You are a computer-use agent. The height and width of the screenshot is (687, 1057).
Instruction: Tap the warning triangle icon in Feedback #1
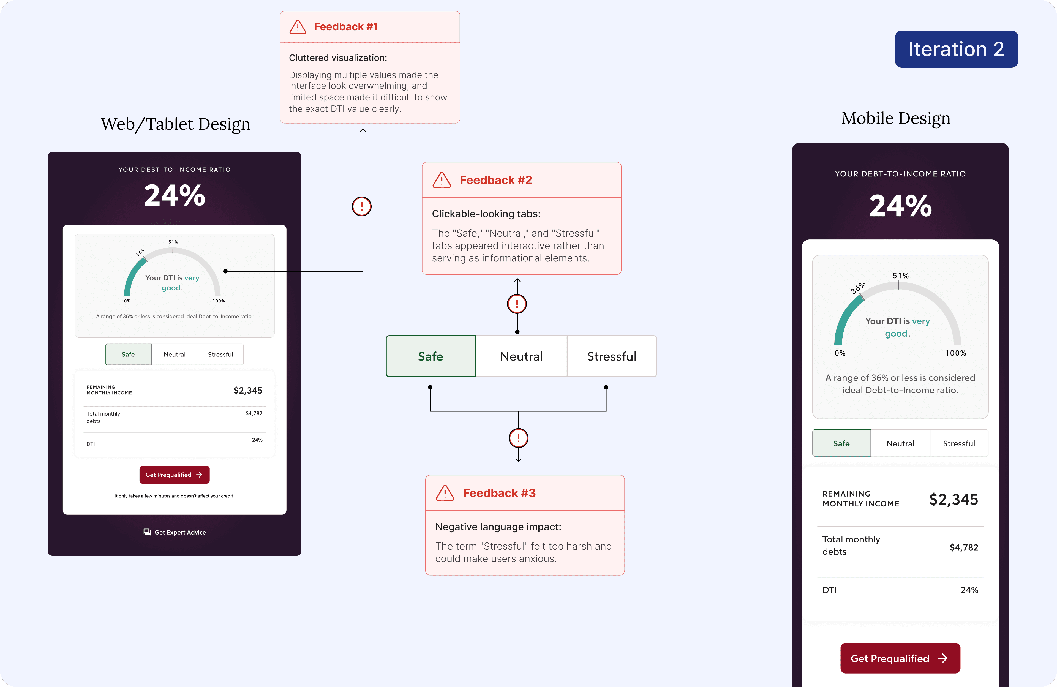coord(298,27)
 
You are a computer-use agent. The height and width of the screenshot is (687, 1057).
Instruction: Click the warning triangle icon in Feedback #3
coord(445,493)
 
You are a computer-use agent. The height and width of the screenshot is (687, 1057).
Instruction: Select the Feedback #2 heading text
coord(496,180)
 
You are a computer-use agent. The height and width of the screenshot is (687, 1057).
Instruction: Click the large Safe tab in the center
coord(430,356)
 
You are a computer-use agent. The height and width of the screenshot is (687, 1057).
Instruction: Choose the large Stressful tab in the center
coord(612,356)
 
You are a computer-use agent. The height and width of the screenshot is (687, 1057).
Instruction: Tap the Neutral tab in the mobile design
coord(900,443)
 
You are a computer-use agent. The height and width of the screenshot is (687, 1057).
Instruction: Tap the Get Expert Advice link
coord(175,532)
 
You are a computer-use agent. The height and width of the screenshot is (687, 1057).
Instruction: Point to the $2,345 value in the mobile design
coord(953,500)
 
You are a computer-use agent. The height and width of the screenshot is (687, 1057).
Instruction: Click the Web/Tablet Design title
coord(175,124)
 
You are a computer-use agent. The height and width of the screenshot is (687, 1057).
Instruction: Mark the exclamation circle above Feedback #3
coord(518,438)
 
